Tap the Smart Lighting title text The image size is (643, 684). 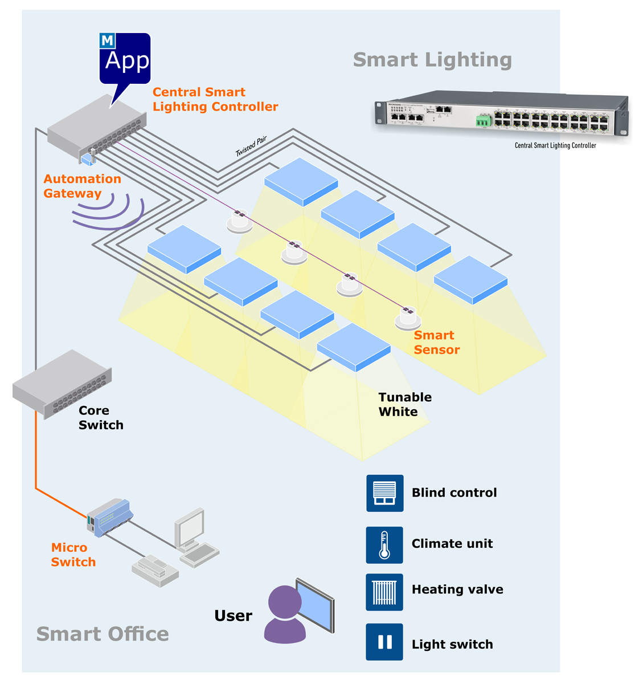(432, 60)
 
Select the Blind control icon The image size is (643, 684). (384, 493)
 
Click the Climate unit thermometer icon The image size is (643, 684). (384, 544)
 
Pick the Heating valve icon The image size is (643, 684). (384, 592)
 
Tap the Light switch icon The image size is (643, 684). (384, 642)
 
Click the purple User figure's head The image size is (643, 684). (284, 602)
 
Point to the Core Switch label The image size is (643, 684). (100, 418)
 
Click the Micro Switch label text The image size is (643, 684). (73, 555)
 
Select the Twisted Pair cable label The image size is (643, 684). (251, 146)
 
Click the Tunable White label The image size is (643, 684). (404, 405)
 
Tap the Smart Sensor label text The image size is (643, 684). (436, 343)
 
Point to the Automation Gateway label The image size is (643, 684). (82, 186)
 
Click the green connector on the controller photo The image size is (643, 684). (484, 120)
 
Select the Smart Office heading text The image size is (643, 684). (103, 634)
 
